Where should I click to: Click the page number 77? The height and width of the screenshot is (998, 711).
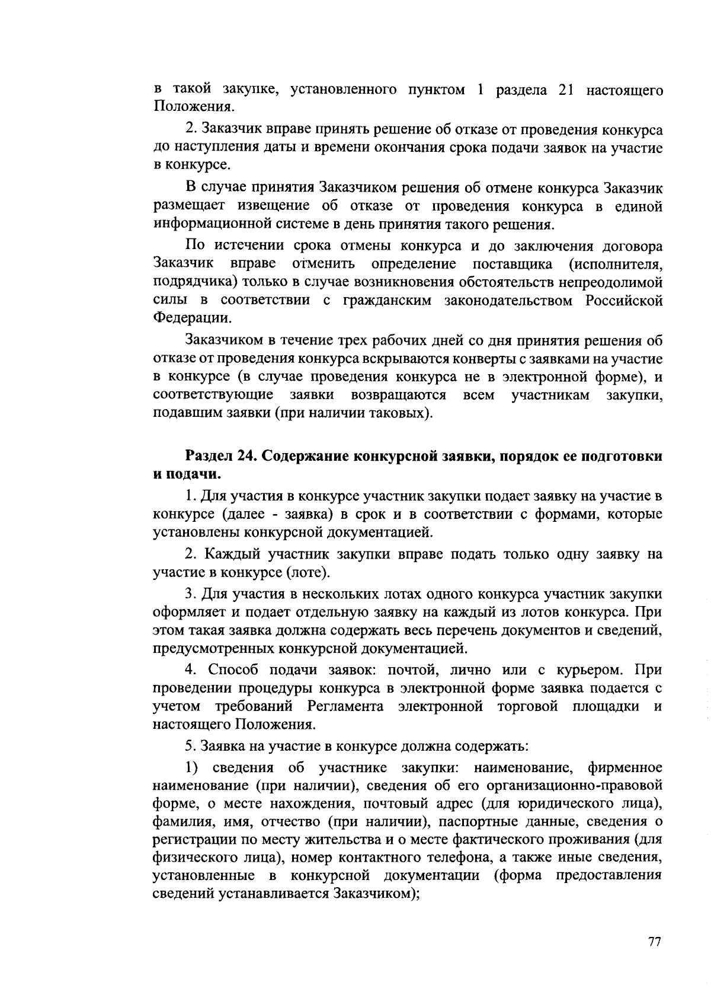pos(654,942)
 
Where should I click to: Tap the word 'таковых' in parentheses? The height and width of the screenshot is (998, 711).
pos(399,412)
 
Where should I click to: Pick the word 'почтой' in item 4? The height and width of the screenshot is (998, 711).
pos(412,670)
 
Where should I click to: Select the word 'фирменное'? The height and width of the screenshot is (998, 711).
pos(624,768)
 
